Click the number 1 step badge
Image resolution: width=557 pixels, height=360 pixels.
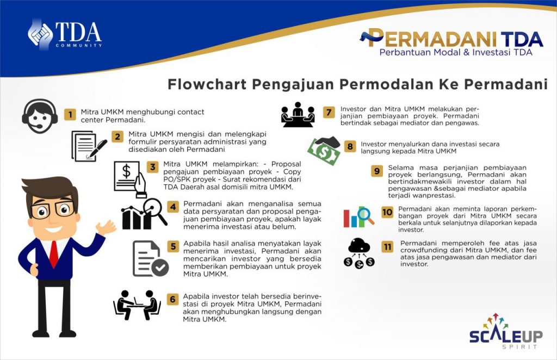70,114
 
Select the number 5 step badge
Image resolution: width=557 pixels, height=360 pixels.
173,246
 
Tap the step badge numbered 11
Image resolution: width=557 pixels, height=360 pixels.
387,247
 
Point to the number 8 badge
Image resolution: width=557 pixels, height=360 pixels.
350,146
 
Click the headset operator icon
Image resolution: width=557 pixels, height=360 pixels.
40,116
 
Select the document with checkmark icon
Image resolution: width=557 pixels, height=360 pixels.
151,258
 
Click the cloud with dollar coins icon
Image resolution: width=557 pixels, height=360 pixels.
359,253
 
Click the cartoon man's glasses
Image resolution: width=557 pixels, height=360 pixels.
53,209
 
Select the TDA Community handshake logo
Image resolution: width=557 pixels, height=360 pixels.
65,34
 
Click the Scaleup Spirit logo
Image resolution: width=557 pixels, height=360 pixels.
506,331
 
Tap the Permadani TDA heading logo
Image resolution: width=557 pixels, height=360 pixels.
451,38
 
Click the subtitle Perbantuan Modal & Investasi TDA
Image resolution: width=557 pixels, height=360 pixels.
456,52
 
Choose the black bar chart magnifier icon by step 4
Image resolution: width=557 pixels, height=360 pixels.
144,214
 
